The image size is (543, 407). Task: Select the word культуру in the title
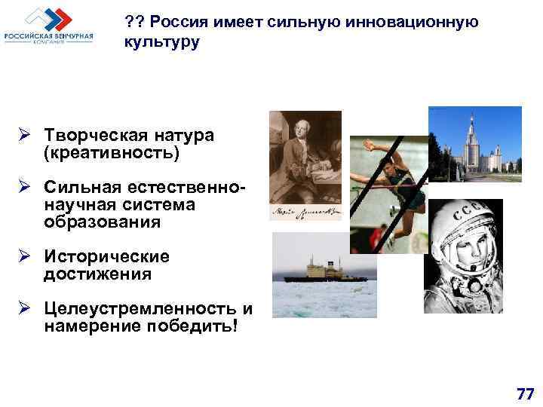(162, 42)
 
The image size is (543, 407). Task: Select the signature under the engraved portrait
(305, 211)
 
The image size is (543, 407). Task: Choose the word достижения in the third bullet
(97, 274)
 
